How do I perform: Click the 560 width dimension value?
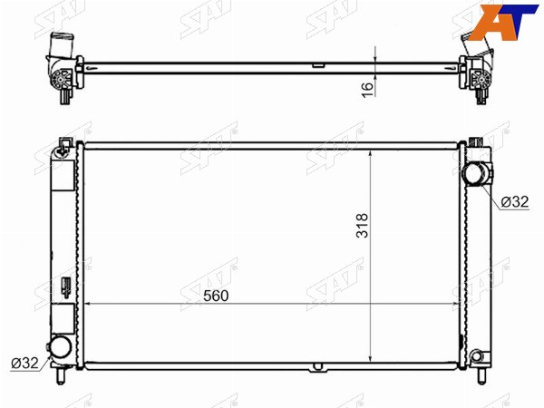click(216, 296)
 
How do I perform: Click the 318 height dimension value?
click(362, 226)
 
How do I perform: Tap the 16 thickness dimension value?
click(368, 90)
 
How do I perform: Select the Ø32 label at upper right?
click(515, 201)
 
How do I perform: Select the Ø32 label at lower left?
click(24, 363)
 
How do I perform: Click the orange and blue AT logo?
click(505, 22)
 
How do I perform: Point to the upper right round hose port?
click(474, 173)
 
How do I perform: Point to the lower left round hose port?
click(61, 347)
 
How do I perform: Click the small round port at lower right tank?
click(477, 356)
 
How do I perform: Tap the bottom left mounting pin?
click(61, 375)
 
